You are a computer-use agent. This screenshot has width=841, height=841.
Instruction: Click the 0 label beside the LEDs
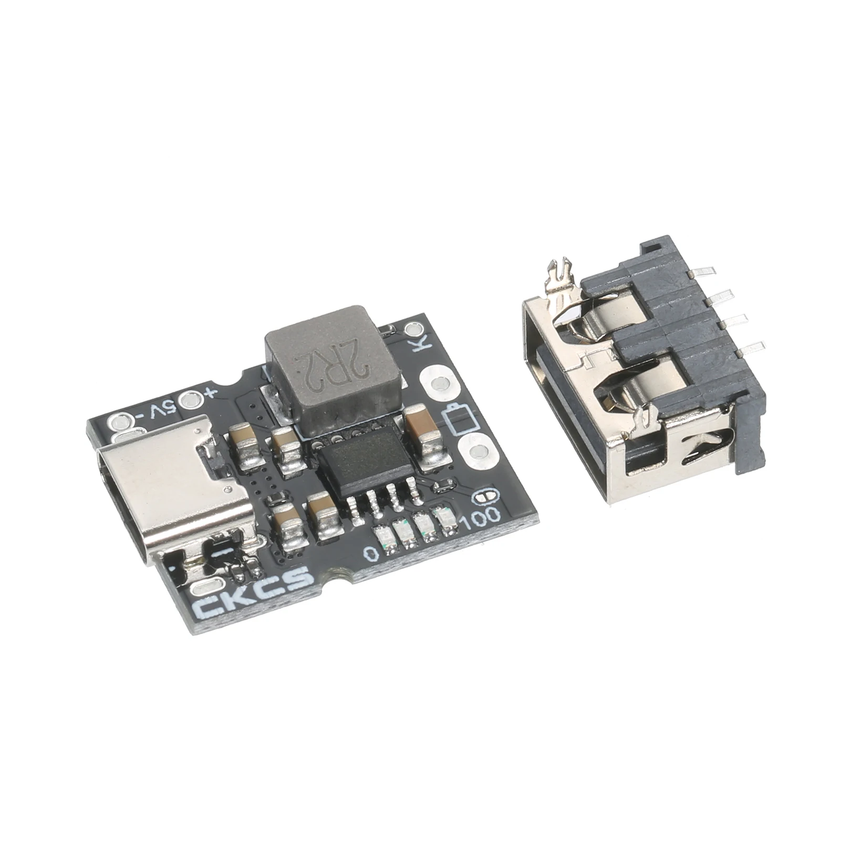tap(371, 554)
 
